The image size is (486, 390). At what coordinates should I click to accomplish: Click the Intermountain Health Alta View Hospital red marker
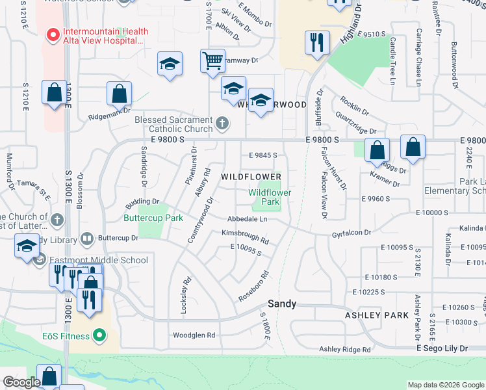(x=50, y=32)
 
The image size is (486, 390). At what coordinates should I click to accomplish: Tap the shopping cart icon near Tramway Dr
(x=212, y=62)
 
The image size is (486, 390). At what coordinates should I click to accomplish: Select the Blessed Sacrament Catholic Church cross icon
(x=222, y=123)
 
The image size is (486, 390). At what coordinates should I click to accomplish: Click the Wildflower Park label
(x=270, y=197)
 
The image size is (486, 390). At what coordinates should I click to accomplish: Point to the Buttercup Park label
(x=153, y=218)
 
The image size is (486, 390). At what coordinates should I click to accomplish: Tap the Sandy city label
(x=283, y=304)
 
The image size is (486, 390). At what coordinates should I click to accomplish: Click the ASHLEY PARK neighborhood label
(x=377, y=315)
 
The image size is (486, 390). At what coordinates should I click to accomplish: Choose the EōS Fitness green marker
(x=99, y=335)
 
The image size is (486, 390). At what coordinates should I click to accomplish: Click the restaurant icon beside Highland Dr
(x=316, y=43)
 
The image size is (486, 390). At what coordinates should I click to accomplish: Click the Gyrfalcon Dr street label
(x=351, y=233)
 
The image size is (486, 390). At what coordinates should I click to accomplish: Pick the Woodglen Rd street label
(x=194, y=335)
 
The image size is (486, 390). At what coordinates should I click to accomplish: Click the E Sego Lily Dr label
(x=441, y=349)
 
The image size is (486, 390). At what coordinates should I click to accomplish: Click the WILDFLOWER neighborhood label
(x=251, y=177)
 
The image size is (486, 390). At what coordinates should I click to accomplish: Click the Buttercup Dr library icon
(x=87, y=239)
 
